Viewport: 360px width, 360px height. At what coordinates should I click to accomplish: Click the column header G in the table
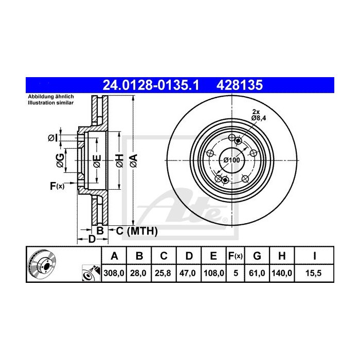click(x=258, y=256)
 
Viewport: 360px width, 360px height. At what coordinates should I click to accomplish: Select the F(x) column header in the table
click(x=236, y=256)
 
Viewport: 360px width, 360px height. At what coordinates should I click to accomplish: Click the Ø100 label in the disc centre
click(x=231, y=160)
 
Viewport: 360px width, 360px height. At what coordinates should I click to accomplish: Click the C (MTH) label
click(x=135, y=231)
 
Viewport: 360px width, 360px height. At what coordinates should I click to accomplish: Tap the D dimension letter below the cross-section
click(x=91, y=239)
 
